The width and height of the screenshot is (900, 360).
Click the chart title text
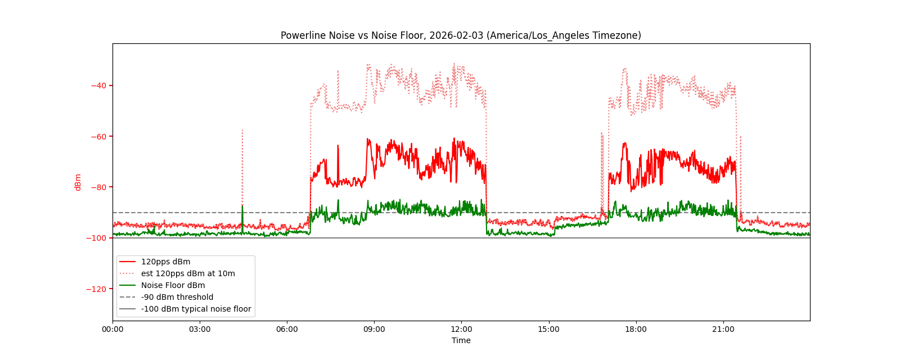point(461,35)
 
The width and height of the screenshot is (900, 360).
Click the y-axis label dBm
point(78,182)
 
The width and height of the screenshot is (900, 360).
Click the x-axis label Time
point(461,340)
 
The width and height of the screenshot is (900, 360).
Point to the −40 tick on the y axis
point(99,85)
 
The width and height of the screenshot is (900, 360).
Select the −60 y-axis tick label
point(99,136)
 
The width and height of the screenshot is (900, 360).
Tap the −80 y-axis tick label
point(99,187)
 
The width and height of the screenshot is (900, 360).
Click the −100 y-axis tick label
point(97,238)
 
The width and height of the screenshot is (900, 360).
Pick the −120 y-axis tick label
point(97,289)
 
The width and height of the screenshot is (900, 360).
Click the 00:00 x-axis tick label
point(112,330)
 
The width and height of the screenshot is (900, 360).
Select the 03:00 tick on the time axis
point(200,330)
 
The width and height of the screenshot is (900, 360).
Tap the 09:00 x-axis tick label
point(374,330)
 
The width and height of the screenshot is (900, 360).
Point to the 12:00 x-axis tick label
point(461,330)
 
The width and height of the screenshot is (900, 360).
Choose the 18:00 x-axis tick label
point(636,330)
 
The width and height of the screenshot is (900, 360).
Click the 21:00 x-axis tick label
point(723,330)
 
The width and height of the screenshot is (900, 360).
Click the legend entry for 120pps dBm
point(165,262)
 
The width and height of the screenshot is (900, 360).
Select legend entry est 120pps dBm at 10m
point(188,273)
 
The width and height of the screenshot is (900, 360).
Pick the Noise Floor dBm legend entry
point(173,285)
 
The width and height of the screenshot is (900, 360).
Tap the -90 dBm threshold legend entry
point(177,297)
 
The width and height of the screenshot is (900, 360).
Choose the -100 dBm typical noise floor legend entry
point(196,309)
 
